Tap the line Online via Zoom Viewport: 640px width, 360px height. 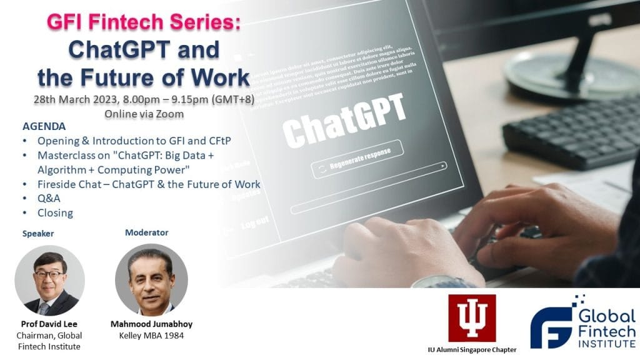pyautogui.click(x=144, y=114)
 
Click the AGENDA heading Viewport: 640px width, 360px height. pyautogui.click(x=44, y=127)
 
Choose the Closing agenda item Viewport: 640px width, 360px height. pyautogui.click(x=55, y=212)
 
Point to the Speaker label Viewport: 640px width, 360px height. pyautogui.click(x=38, y=234)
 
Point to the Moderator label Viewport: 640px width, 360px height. pyautogui.click(x=146, y=232)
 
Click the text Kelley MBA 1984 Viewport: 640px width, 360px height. pyautogui.click(x=150, y=336)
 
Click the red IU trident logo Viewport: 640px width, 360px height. pyautogui.click(x=471, y=318)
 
